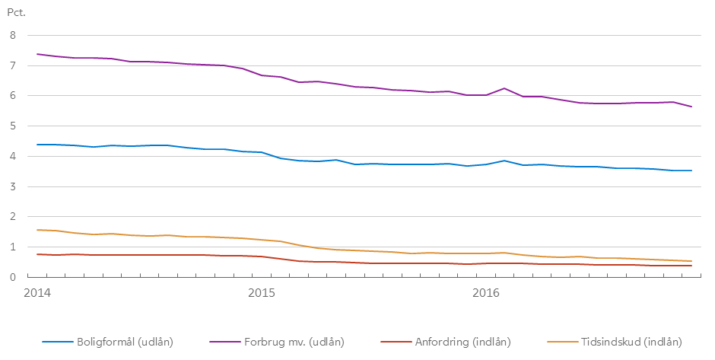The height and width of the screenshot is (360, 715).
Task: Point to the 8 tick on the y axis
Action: (x=13, y=35)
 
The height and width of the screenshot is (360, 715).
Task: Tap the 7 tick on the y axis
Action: (x=13, y=65)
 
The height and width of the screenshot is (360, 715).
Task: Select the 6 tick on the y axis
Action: (x=13, y=96)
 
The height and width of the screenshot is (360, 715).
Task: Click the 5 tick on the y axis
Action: (x=13, y=126)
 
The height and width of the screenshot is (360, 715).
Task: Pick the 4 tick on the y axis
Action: (x=13, y=157)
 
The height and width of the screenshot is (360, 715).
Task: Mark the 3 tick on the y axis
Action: (x=13, y=186)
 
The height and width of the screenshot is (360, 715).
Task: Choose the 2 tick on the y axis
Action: (x=13, y=217)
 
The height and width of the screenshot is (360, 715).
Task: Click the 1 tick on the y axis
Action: (x=13, y=247)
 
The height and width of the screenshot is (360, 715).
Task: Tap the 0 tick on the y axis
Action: (x=13, y=278)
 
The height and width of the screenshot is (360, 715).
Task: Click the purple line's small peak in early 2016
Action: (x=504, y=88)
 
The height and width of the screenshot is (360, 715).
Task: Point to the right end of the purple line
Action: (x=691, y=107)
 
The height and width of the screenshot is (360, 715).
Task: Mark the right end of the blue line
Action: (x=691, y=170)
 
